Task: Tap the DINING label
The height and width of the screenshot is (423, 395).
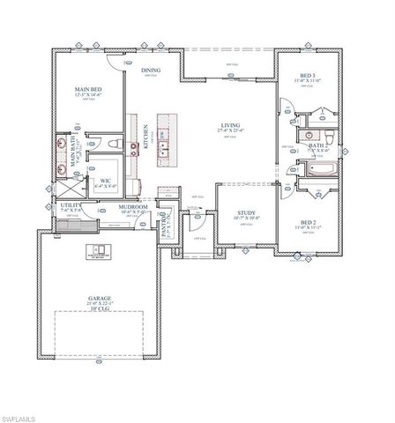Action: pos(150,70)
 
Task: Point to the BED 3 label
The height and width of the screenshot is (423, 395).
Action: pos(308,77)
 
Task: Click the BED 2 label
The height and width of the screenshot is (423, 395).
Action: pos(308,223)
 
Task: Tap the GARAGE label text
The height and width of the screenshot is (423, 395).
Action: pos(99,299)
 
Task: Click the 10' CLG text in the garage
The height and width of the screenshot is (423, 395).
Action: pos(99,310)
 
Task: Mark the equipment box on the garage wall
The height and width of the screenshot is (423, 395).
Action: pos(96,250)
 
